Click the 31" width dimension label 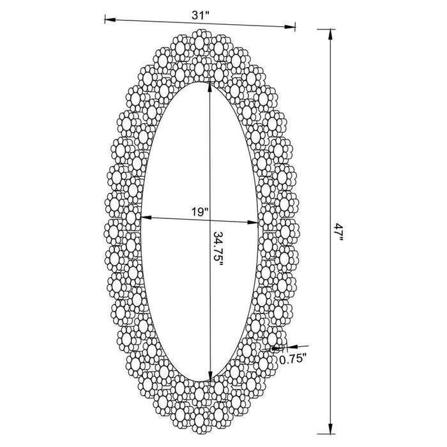(x=201, y=14)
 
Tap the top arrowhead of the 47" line (x=330, y=33)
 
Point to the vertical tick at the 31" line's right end (x=296, y=26)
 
